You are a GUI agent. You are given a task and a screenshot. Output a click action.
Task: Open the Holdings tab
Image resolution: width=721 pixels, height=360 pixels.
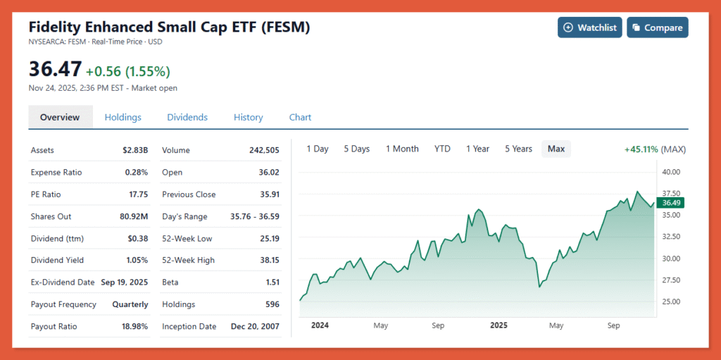tap(123, 117)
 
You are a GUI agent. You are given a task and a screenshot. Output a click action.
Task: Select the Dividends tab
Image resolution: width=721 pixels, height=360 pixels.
tap(187, 117)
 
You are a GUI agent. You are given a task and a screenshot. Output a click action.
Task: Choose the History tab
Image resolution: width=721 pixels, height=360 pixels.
tap(248, 117)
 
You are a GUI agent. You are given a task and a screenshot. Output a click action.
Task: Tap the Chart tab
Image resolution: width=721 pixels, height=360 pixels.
tap(300, 117)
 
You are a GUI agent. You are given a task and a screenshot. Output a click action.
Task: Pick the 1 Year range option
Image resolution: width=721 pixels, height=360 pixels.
tap(477, 149)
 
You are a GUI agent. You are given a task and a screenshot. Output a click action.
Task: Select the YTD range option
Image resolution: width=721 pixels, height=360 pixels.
tap(442, 149)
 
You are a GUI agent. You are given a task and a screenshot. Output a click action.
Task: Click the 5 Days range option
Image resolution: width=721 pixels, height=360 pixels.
tap(356, 149)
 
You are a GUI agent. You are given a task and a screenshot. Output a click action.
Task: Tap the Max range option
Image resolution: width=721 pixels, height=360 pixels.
tap(556, 149)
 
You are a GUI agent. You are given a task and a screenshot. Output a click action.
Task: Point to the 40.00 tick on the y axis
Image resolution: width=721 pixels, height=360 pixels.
tap(671, 171)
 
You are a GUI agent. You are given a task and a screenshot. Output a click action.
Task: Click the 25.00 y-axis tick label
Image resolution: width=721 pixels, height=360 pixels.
tap(671, 302)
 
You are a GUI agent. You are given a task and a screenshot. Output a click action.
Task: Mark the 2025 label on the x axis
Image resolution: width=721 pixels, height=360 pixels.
tap(499, 325)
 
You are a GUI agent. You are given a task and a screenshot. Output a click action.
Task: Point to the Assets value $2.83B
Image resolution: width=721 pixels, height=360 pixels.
tap(135, 150)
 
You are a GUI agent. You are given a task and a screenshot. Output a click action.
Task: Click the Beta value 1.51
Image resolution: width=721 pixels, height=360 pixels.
tap(270, 283)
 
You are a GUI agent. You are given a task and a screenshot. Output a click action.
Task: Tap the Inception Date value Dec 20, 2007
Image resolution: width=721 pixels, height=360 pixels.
tap(255, 327)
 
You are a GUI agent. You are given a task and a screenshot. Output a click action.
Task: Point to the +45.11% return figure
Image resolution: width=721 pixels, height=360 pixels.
tap(641, 149)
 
